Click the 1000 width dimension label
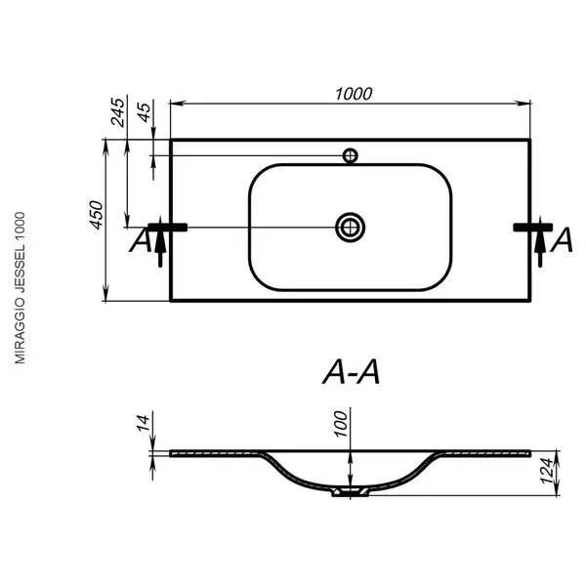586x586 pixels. point(354,94)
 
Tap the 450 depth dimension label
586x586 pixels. point(97,215)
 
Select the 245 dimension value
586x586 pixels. point(117,112)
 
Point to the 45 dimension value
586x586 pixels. point(145,112)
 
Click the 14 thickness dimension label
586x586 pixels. point(144,423)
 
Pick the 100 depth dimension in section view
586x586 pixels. point(341,424)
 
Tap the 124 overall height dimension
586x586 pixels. point(548,471)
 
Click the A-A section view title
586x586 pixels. point(352,372)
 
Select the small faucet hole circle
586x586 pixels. point(351,155)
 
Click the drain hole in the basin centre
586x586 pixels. point(351,228)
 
